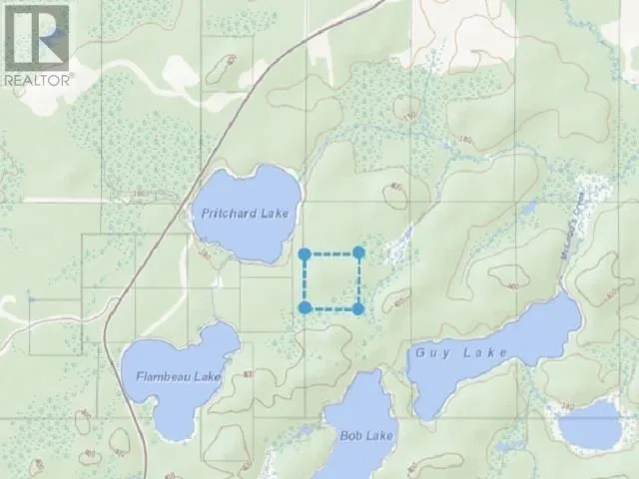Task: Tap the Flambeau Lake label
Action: [x=179, y=376]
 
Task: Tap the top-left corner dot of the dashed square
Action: [x=305, y=254]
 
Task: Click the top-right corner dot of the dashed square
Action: [x=358, y=253]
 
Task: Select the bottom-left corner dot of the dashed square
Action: [x=305, y=308]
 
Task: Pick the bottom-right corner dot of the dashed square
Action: [x=358, y=308]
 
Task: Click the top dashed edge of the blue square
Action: [x=331, y=254]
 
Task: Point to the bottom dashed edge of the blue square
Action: [x=331, y=308]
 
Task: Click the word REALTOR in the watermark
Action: [x=38, y=78]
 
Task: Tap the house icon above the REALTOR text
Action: [x=37, y=37]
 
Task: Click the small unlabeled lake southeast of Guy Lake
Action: [x=590, y=424]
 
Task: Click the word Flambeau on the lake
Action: [x=166, y=376]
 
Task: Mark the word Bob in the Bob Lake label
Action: [x=351, y=436]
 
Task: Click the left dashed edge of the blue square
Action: [x=305, y=281]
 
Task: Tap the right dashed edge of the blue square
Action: [x=358, y=281]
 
